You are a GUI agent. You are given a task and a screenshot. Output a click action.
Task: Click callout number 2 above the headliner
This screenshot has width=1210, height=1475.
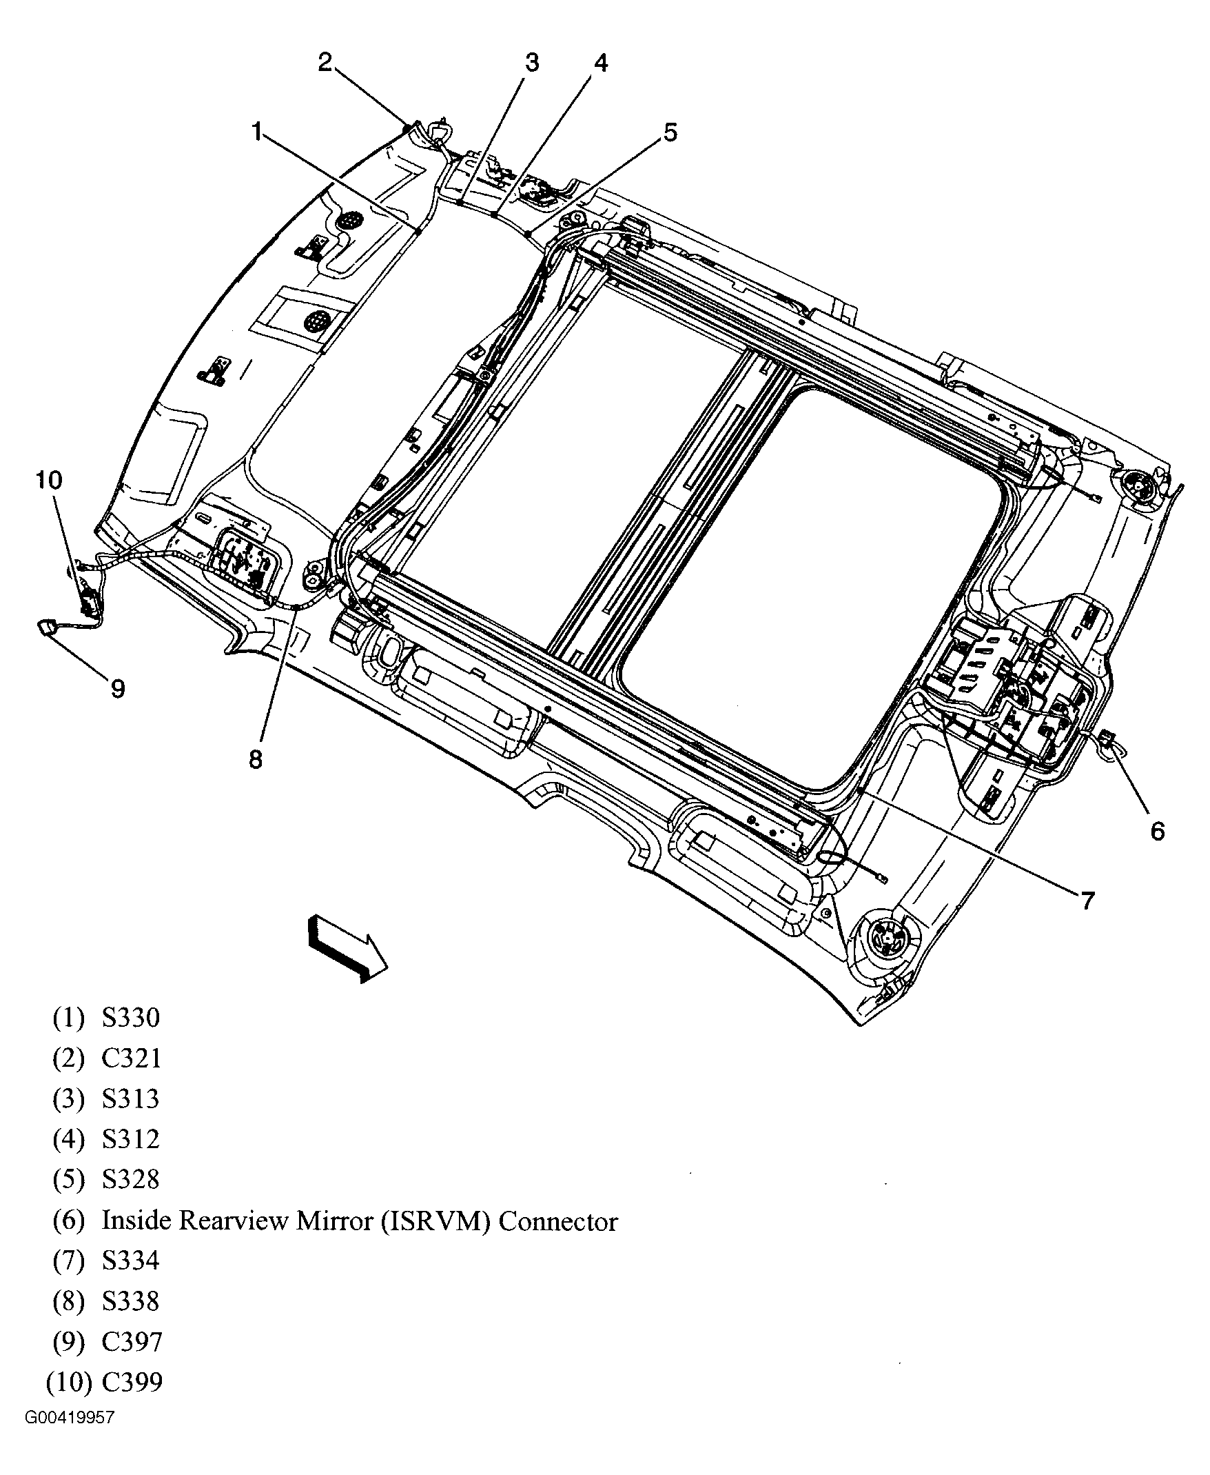325,62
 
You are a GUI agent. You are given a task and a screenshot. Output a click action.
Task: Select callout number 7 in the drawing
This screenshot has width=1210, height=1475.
1088,901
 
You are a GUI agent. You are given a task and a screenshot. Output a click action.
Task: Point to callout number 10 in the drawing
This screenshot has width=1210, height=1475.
50,480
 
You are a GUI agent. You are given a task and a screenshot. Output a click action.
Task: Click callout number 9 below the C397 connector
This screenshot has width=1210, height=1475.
118,689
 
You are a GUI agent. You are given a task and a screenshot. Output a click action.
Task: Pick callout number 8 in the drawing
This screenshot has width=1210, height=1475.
256,759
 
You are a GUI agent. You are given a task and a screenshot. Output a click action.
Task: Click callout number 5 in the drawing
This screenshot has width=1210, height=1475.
670,132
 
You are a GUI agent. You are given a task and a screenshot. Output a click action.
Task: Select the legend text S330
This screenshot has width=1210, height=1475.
131,1018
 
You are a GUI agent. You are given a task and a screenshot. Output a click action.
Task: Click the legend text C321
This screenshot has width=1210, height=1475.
131,1058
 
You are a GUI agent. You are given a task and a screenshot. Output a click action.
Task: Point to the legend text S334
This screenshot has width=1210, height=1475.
131,1261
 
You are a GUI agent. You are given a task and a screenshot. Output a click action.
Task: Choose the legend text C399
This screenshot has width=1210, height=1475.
132,1381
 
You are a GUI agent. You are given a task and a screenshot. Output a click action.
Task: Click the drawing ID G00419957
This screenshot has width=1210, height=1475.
69,1418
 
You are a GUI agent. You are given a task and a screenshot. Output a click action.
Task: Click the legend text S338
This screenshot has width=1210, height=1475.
131,1301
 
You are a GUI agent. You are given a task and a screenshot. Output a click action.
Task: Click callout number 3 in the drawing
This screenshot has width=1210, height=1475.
532,63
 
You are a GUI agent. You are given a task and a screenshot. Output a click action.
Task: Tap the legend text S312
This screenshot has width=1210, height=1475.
131,1139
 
